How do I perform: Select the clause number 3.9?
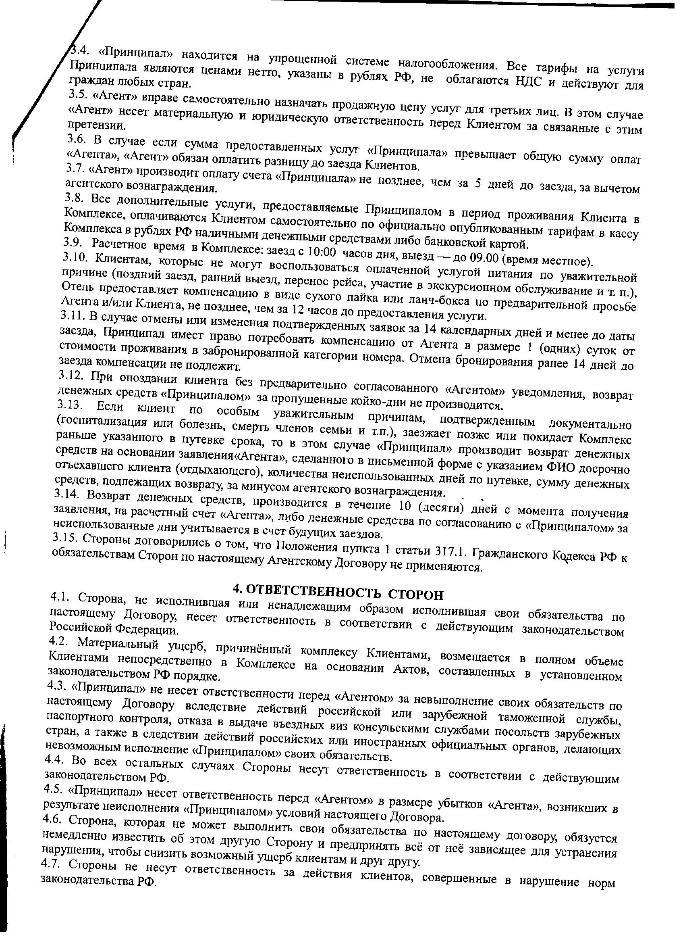point(73,243)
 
